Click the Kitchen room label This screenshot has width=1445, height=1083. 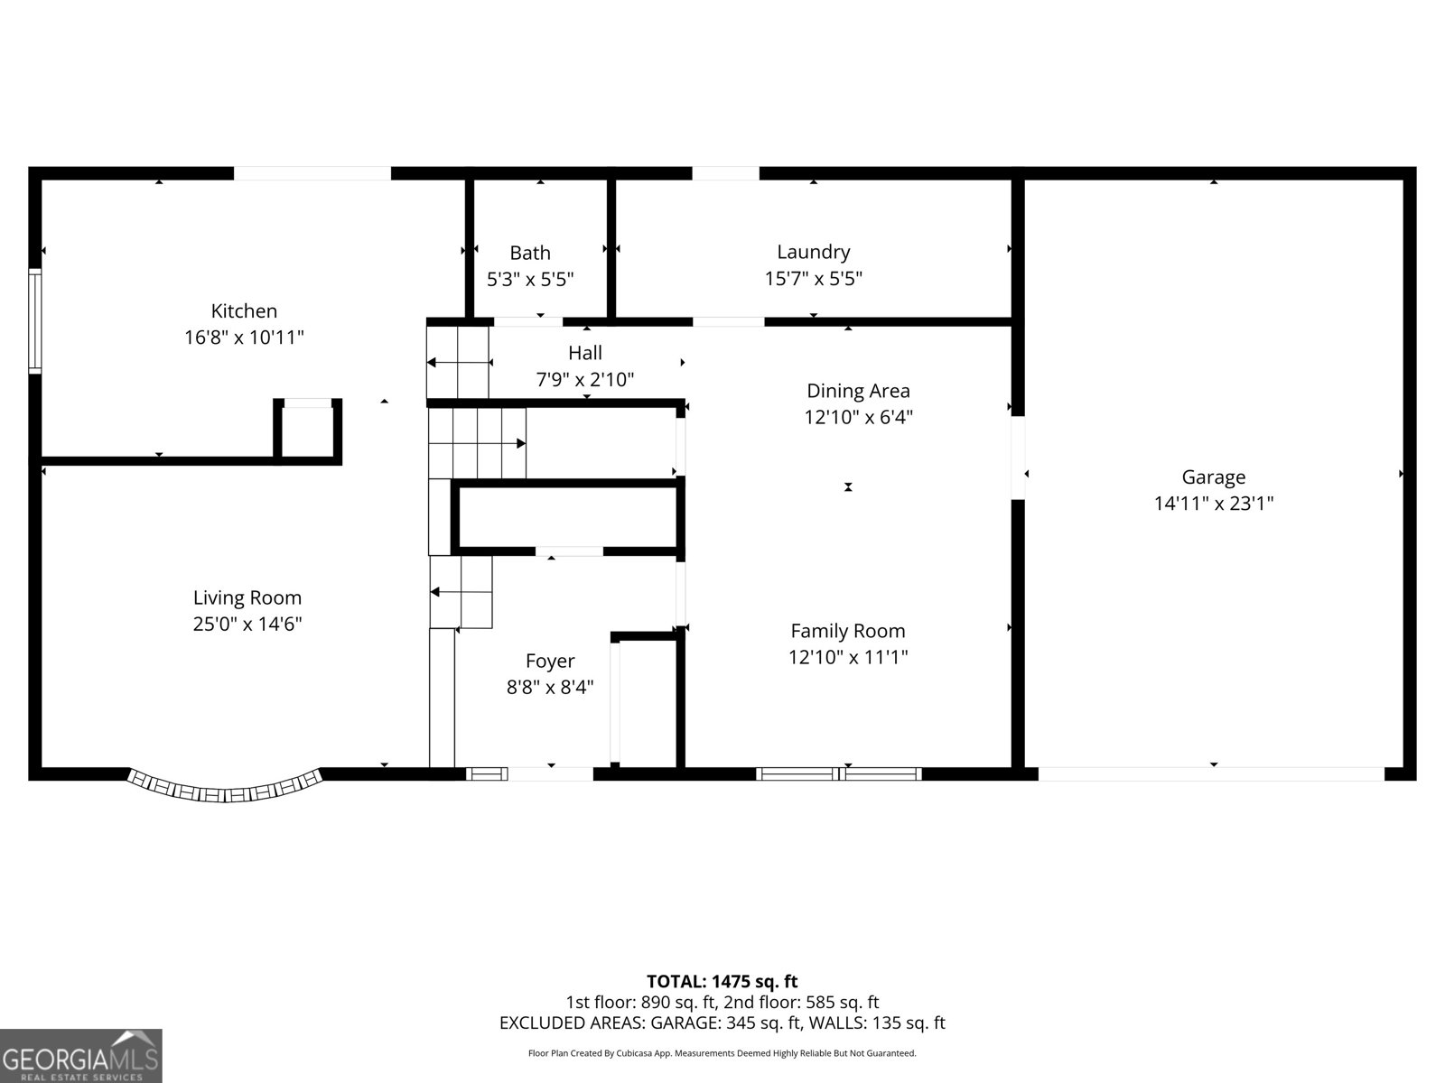pos(244,311)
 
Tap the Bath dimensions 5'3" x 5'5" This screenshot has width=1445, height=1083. pos(530,280)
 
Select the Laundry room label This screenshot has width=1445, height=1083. pos(813,252)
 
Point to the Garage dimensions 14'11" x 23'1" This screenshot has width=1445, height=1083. pos(1213,504)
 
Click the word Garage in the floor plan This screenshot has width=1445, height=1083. pos(1213,477)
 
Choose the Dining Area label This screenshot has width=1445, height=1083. pos(859,392)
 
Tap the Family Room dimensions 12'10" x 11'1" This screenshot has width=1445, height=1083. pos(848,657)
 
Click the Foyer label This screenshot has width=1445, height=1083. pos(550,661)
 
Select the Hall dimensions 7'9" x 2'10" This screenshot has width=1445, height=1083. pos(584,379)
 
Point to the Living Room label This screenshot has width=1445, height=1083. pos(247,597)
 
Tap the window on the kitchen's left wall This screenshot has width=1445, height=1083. pos(34,321)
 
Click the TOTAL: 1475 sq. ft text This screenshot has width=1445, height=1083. pos(722,982)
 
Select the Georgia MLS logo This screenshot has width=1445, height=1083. pos(81,1055)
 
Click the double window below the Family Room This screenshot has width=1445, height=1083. pos(838,774)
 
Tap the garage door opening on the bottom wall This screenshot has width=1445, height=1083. pos(1211,774)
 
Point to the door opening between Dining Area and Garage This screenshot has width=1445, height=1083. pos(1018,458)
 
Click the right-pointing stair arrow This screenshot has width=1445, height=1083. pos(477,443)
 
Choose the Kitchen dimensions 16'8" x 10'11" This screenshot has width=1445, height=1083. pos(244,338)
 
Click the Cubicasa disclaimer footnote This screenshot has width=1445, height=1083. pos(722,1053)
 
